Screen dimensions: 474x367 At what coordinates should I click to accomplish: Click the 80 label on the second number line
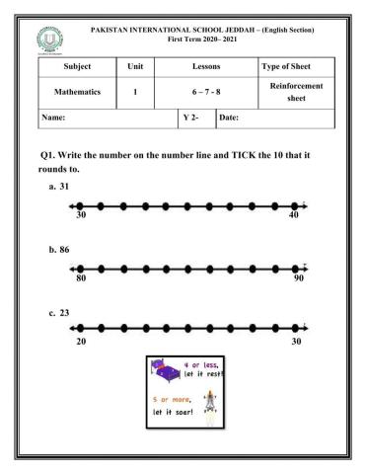(81, 278)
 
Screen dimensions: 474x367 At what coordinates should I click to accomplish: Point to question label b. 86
(62, 251)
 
